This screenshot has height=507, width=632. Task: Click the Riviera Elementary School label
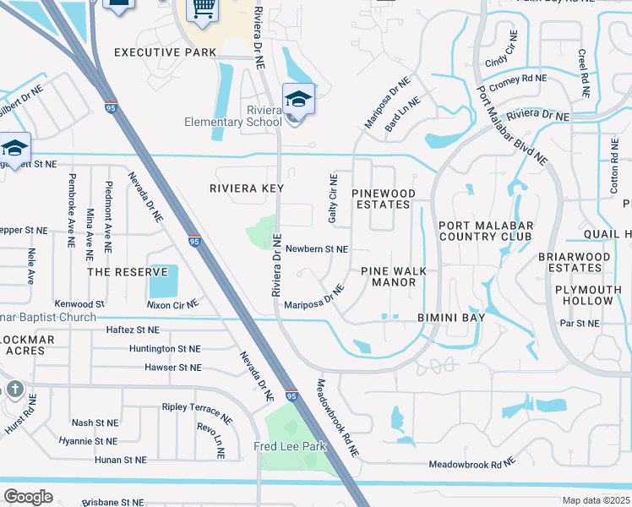tap(233, 116)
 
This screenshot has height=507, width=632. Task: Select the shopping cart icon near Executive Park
tap(203, 8)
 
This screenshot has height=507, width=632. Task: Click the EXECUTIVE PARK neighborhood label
tap(159, 52)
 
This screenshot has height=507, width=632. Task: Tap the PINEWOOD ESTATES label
tap(384, 199)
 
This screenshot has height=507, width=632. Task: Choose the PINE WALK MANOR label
tap(400, 276)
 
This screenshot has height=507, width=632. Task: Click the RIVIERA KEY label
tap(247, 188)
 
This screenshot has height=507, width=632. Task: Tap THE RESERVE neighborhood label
tap(123, 272)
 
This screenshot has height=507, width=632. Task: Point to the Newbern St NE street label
tap(317, 249)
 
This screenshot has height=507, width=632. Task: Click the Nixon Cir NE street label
tap(172, 303)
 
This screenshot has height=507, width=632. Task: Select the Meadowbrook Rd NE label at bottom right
tap(471, 464)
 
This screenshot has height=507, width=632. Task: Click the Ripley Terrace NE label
tap(197, 412)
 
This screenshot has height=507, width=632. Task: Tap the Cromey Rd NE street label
tap(518, 78)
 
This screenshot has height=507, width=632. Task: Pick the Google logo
tap(28, 496)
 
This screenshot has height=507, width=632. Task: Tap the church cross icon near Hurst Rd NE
tap(14, 390)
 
